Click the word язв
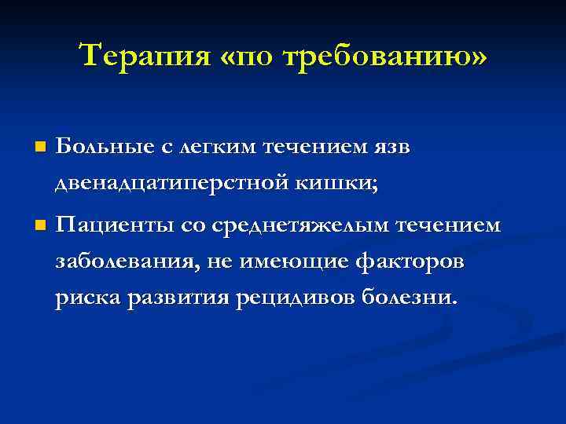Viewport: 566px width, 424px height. pyautogui.click(x=389, y=147)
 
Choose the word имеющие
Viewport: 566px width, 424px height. pyautogui.click(x=277, y=263)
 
